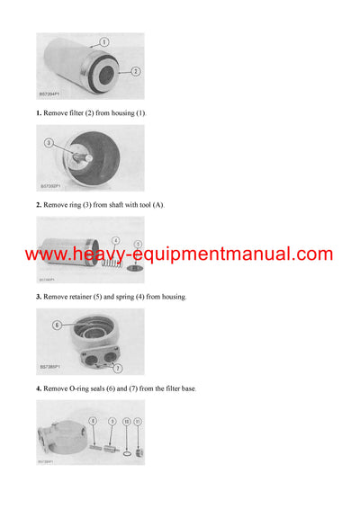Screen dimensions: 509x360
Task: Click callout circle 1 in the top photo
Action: point(103,42)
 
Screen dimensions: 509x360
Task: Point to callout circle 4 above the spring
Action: point(115,240)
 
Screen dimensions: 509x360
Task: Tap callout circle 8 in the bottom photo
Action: point(93,421)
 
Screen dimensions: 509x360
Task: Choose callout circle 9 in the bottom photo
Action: point(112,421)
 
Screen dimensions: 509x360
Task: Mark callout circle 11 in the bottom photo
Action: point(138,421)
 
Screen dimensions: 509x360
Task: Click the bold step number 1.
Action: point(39,112)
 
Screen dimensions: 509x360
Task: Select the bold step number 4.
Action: point(39,388)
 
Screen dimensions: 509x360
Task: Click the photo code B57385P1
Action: point(50,367)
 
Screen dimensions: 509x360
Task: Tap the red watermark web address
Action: point(179,254)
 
